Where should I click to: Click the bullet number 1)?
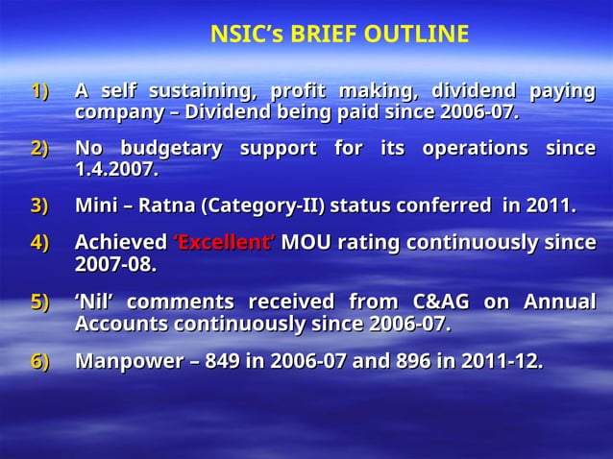pyautogui.click(x=39, y=92)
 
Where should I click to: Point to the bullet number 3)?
pyautogui.click(x=39, y=205)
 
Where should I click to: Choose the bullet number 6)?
pyautogui.click(x=39, y=362)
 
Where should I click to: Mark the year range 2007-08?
pyautogui.click(x=115, y=263)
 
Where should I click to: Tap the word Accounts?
pyautogui.click(x=119, y=323)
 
